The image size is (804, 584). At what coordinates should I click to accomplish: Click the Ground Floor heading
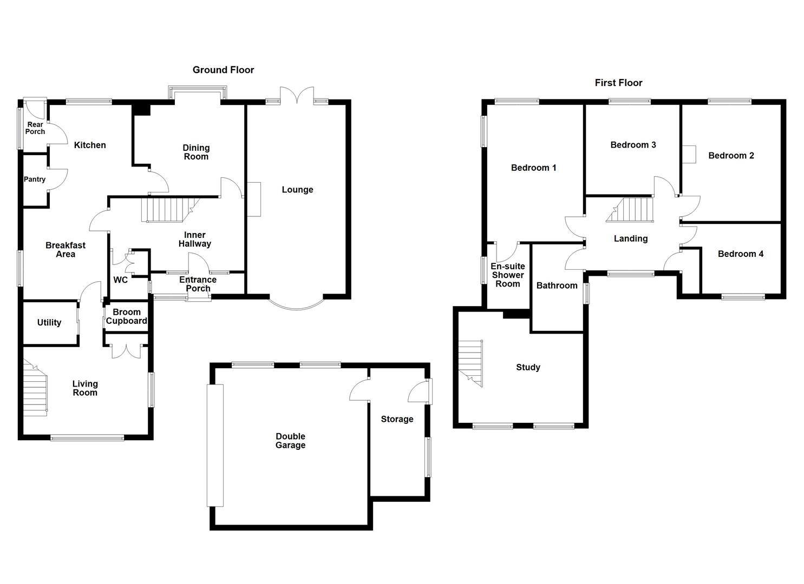[x=223, y=70]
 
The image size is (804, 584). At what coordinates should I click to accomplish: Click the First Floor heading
[x=618, y=83]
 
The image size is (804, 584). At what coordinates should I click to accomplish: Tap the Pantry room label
[x=35, y=180]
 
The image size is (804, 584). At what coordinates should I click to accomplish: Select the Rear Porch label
[x=35, y=128]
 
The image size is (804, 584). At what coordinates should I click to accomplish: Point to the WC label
[x=120, y=280]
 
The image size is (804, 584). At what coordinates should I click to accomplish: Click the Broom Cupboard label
[x=126, y=317]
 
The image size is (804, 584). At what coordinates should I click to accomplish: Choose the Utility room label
[x=49, y=323]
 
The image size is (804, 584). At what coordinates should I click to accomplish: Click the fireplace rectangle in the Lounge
[x=254, y=200]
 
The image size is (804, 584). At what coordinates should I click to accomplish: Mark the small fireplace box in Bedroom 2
[x=688, y=154]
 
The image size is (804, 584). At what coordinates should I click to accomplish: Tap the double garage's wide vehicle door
[x=215, y=445]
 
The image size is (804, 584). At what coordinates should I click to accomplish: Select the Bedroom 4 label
[x=740, y=254]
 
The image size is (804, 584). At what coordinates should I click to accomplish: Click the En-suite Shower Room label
[x=507, y=275]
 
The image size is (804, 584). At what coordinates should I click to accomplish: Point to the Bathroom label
[x=557, y=286]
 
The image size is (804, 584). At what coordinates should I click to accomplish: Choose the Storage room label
[x=397, y=420]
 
